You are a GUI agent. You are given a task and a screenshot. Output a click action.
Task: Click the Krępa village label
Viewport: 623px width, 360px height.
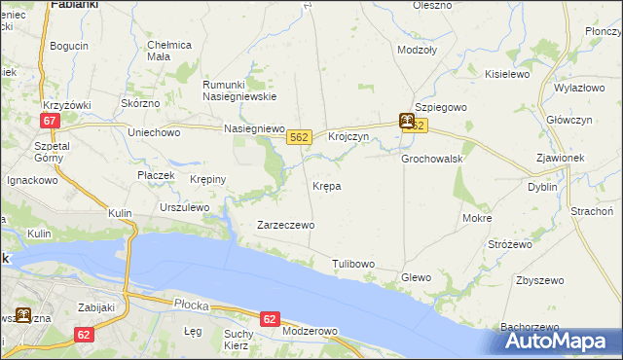click(x=326, y=185)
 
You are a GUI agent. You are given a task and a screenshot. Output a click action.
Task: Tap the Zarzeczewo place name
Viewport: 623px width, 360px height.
click(x=285, y=225)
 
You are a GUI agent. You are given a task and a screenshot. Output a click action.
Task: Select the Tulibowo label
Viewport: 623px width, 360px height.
click(x=353, y=264)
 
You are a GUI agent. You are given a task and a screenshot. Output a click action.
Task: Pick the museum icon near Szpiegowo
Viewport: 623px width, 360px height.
click(x=406, y=122)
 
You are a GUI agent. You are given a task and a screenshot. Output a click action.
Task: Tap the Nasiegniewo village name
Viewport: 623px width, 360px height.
click(x=253, y=128)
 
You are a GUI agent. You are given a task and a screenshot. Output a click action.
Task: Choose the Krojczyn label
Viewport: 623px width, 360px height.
click(x=348, y=137)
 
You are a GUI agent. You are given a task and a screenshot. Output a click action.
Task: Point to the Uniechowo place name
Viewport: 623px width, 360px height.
click(x=155, y=131)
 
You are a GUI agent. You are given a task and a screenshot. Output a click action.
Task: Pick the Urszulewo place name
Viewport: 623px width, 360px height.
click(x=185, y=207)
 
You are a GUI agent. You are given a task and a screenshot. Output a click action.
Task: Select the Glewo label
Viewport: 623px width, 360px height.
click(x=416, y=277)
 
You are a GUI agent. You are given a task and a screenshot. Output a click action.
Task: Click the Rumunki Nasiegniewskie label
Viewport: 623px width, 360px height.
click(x=239, y=90)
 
